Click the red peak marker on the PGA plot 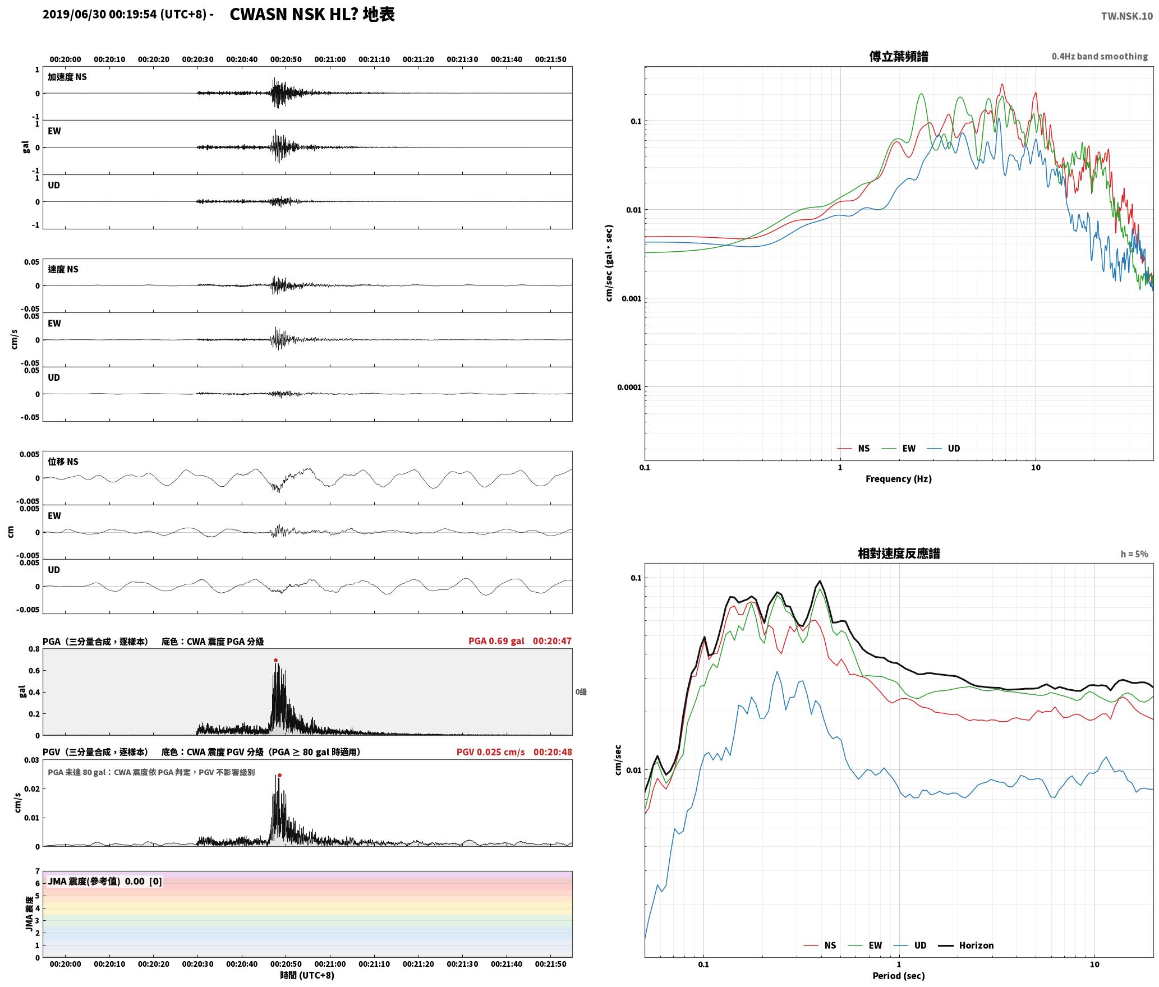(x=275, y=661)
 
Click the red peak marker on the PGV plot (x=279, y=776)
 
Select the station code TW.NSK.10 (x=1126, y=16)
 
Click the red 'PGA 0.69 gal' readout (x=496, y=641)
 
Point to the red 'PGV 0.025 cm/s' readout (x=491, y=752)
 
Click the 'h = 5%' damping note (x=1134, y=554)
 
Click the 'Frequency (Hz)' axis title (x=898, y=479)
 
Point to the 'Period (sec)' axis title (x=898, y=976)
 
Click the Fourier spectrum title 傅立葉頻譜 (x=898, y=57)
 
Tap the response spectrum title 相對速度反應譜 (x=898, y=554)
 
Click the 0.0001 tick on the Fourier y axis (x=628, y=387)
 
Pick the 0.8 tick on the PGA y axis (x=34, y=649)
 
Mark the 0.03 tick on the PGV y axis (x=31, y=760)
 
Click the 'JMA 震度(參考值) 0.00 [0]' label (x=105, y=882)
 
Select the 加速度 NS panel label (x=67, y=77)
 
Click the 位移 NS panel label (x=63, y=462)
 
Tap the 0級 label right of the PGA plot (x=581, y=692)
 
